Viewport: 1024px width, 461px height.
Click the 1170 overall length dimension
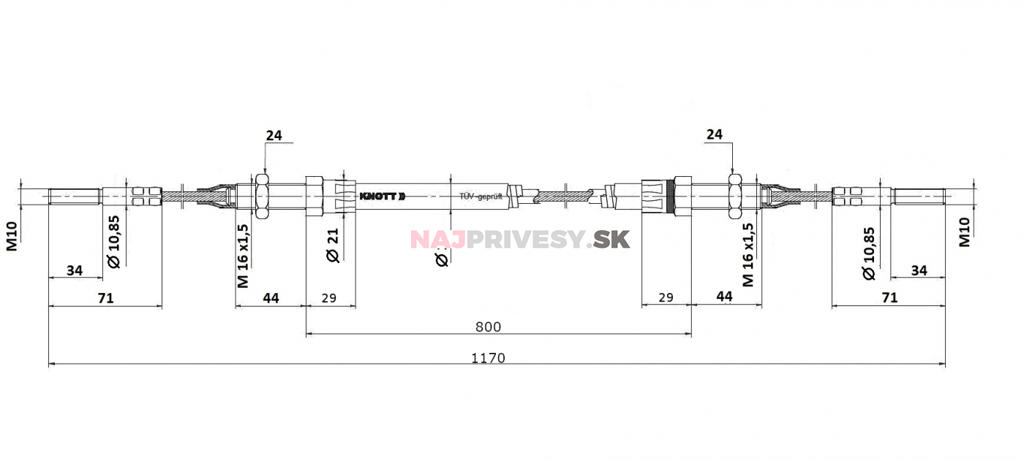(488, 358)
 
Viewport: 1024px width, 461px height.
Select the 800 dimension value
(488, 327)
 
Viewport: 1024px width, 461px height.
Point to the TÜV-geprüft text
(481, 197)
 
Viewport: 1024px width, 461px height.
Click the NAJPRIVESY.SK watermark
(519, 239)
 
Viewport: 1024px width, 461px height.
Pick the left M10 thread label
(12, 235)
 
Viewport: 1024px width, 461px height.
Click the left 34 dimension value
(75, 270)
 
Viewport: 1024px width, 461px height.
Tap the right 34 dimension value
(919, 270)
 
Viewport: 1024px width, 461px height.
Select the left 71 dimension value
(105, 298)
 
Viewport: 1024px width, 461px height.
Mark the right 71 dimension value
(889, 298)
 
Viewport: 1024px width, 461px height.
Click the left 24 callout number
(274, 135)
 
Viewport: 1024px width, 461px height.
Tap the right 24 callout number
(714, 134)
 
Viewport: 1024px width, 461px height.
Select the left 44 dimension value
(271, 298)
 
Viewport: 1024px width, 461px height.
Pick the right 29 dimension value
(666, 298)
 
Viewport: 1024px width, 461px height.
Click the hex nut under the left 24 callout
(262, 197)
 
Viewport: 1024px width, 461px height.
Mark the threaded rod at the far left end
(74, 197)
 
